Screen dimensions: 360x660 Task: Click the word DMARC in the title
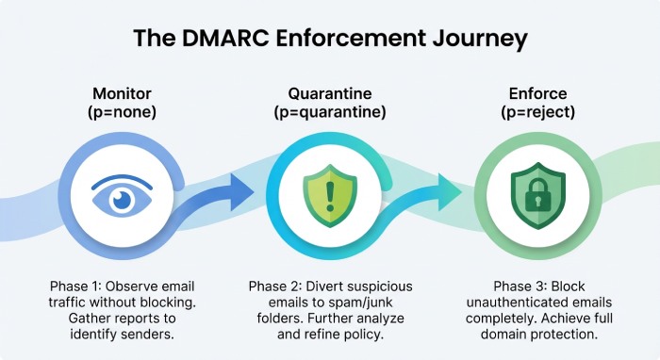point(256,39)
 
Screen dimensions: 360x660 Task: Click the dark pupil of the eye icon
point(122,199)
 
